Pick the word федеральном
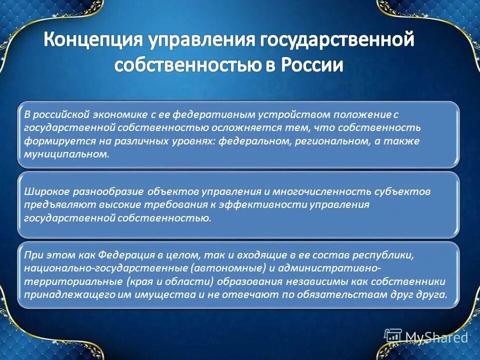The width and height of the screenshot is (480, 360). click(x=252, y=141)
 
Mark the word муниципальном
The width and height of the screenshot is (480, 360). click(x=66, y=154)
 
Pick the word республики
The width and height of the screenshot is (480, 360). click(x=387, y=255)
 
